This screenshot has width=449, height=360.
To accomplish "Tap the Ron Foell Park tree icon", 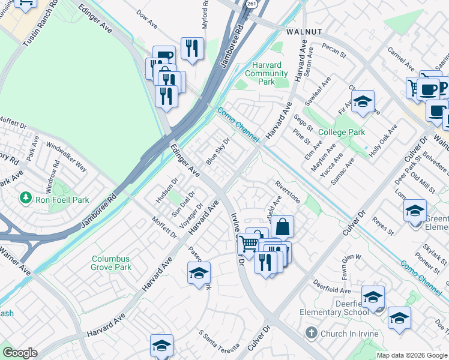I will coord(26,197).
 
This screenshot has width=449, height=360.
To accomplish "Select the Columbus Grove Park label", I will coord(111,263).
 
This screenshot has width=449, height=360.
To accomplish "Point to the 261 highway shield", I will coord(249,4).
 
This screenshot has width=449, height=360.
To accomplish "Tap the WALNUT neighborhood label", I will coord(304,31).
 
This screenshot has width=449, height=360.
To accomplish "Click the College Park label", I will coord(342,132).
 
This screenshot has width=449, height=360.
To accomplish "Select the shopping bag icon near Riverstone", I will coord(282,227).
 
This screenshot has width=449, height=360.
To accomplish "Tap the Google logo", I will coord(19,353).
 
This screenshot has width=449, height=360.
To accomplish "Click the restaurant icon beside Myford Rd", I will coord(192,48).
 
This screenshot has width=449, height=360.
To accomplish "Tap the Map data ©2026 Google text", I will coord(412,355).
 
